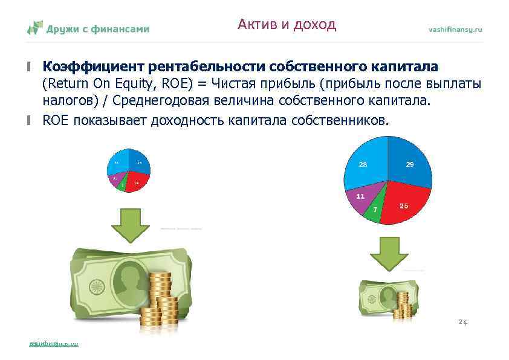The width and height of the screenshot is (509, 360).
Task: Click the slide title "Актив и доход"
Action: coord(287,25)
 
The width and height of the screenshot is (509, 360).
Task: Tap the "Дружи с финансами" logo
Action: coord(88,28)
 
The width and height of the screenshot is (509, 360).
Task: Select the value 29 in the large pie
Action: coord(409,165)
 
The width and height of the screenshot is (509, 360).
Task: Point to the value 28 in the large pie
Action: coord(363,165)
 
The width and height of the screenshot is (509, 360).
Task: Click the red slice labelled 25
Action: coord(404,205)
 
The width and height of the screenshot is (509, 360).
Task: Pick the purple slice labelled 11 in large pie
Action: coord(360,197)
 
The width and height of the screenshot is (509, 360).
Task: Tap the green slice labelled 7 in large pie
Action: coord(375,209)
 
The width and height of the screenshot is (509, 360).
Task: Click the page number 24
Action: coord(462,322)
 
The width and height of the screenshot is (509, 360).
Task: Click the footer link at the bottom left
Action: coord(54,344)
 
